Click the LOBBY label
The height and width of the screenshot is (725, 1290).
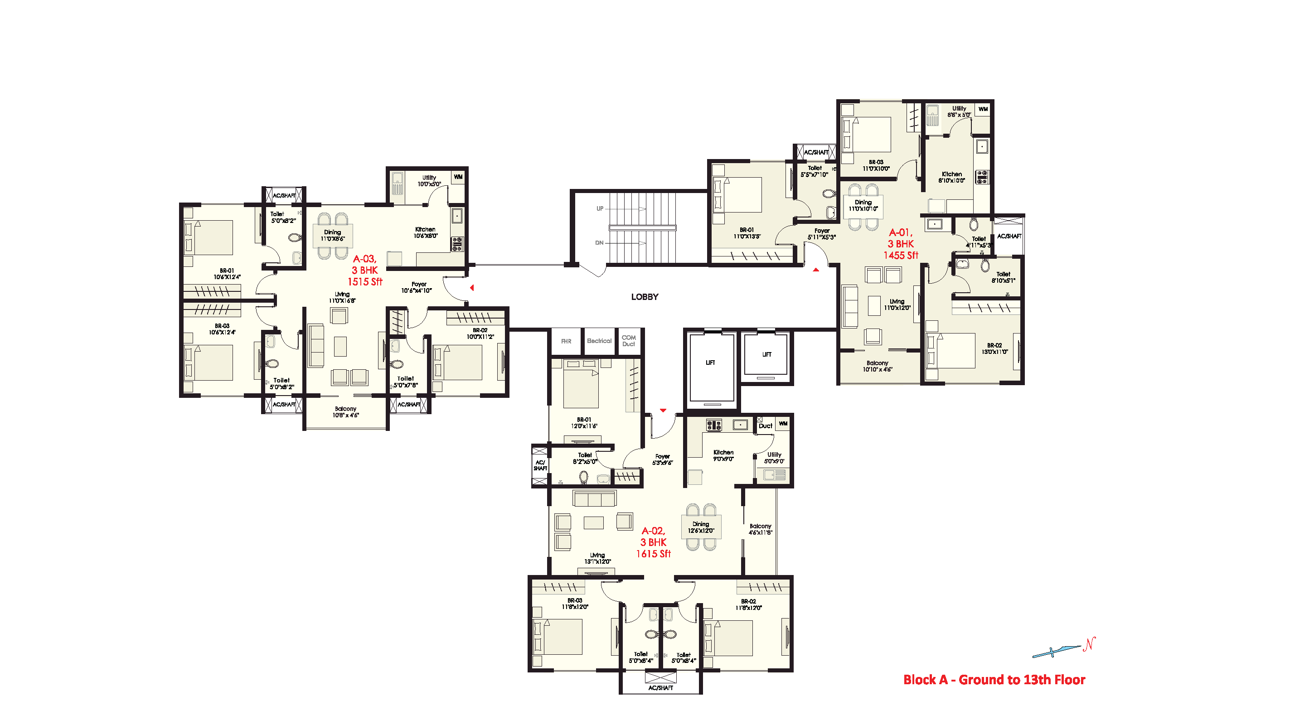coord(645,297)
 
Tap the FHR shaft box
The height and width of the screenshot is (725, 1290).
coord(566,342)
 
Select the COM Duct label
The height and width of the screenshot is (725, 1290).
coord(629,341)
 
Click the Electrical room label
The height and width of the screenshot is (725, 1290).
coord(599,341)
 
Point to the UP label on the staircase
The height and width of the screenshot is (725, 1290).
coord(600,209)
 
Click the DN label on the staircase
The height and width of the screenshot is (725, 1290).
coord(599,243)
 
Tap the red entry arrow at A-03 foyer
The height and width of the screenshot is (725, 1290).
coord(472,288)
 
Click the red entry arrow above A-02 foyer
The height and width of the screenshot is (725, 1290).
coord(663,411)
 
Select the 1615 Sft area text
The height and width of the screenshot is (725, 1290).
coord(653,554)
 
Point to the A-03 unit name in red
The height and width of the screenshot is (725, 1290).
coord(364,259)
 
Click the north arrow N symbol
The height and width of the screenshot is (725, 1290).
coord(1089,644)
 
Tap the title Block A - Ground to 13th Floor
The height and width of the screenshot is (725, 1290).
coord(994,680)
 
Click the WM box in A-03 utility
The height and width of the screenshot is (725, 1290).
coord(458,177)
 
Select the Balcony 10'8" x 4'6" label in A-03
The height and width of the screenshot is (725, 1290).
coord(345,412)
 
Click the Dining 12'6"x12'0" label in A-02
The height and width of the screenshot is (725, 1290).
coord(701,527)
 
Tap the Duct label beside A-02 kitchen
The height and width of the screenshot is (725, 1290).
coord(765,426)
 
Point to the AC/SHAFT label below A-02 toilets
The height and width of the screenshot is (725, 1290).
coord(660,688)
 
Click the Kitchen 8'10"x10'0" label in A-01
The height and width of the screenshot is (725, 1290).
coord(951,177)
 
